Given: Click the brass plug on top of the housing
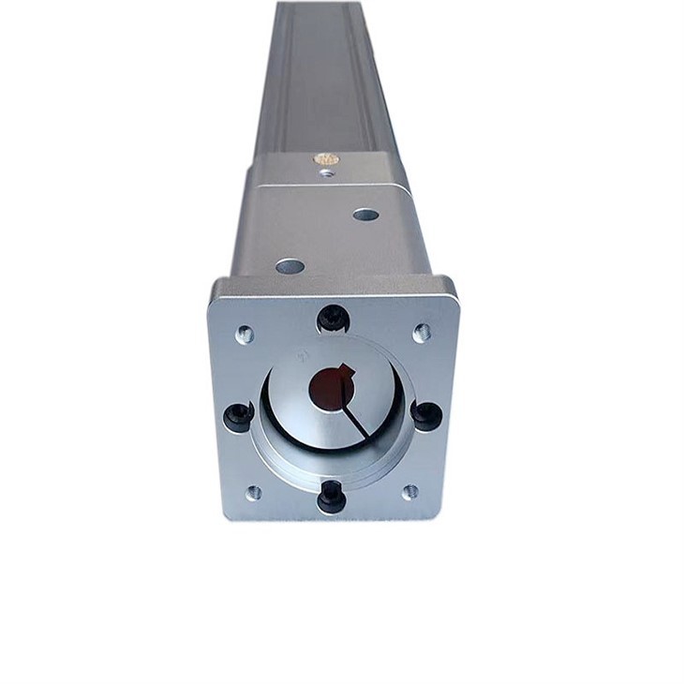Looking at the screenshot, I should click(327, 160).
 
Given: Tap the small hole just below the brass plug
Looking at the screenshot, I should click(326, 173).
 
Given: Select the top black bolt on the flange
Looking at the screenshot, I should click(334, 319).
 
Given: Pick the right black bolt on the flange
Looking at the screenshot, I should click(425, 413).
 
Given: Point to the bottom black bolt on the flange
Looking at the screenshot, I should click(332, 495).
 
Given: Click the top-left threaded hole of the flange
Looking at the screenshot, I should click(245, 333).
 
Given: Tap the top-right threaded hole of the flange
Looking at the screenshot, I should click(422, 332).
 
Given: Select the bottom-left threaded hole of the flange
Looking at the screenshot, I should click(253, 492).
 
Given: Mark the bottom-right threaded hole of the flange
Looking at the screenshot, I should click(409, 491).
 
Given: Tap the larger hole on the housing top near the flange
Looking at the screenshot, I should click(290, 266).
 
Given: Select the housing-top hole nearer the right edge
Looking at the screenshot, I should click(365, 215).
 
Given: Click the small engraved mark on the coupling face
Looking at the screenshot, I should click(303, 357).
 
